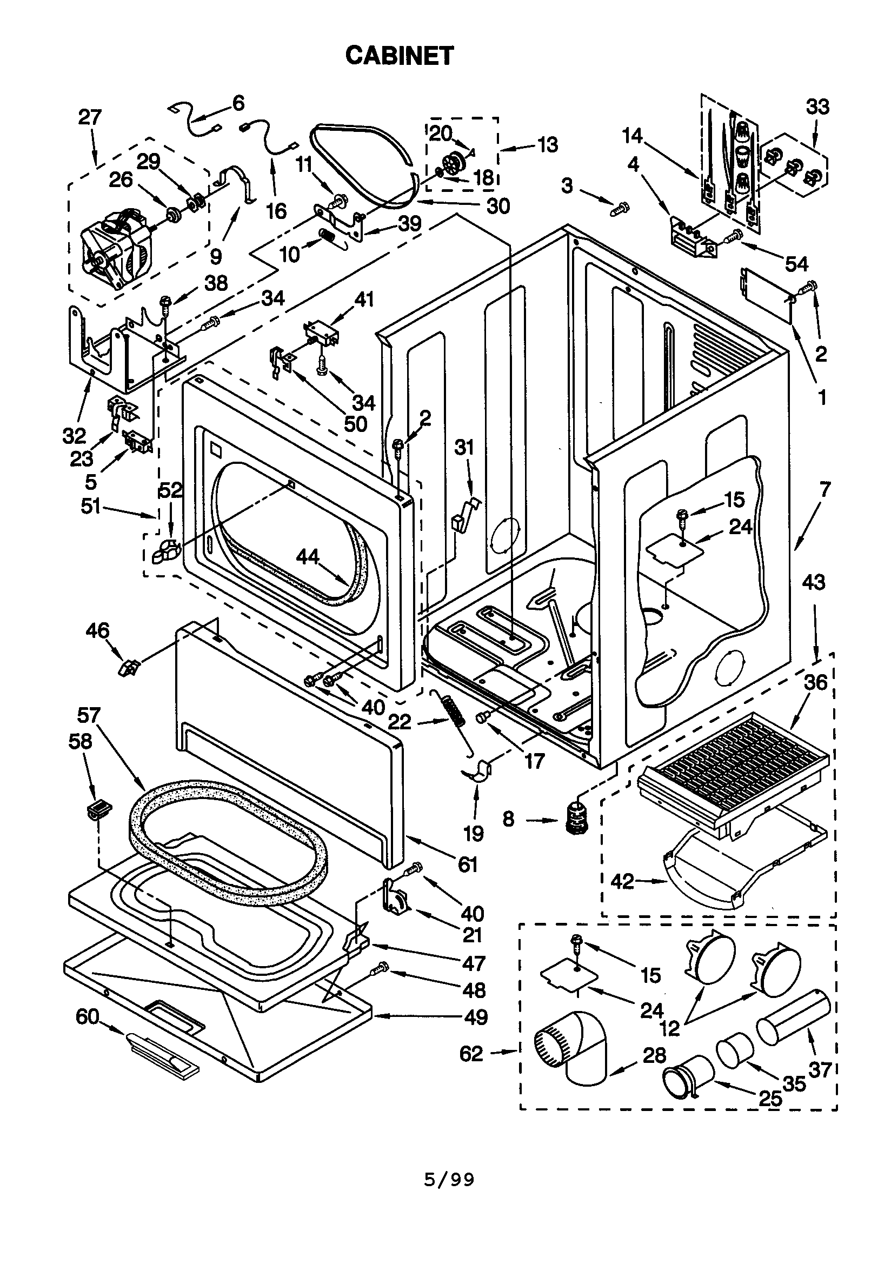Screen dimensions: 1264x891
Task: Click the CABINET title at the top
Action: pos(399,56)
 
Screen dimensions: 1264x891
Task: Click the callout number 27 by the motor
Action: pos(90,117)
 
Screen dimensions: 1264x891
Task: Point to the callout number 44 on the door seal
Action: pos(307,557)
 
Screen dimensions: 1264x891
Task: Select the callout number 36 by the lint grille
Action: pos(815,683)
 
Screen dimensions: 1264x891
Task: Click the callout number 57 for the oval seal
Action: pos(89,716)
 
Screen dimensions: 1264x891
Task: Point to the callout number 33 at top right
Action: pos(817,107)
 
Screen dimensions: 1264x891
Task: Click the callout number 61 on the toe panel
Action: pos(468,865)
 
